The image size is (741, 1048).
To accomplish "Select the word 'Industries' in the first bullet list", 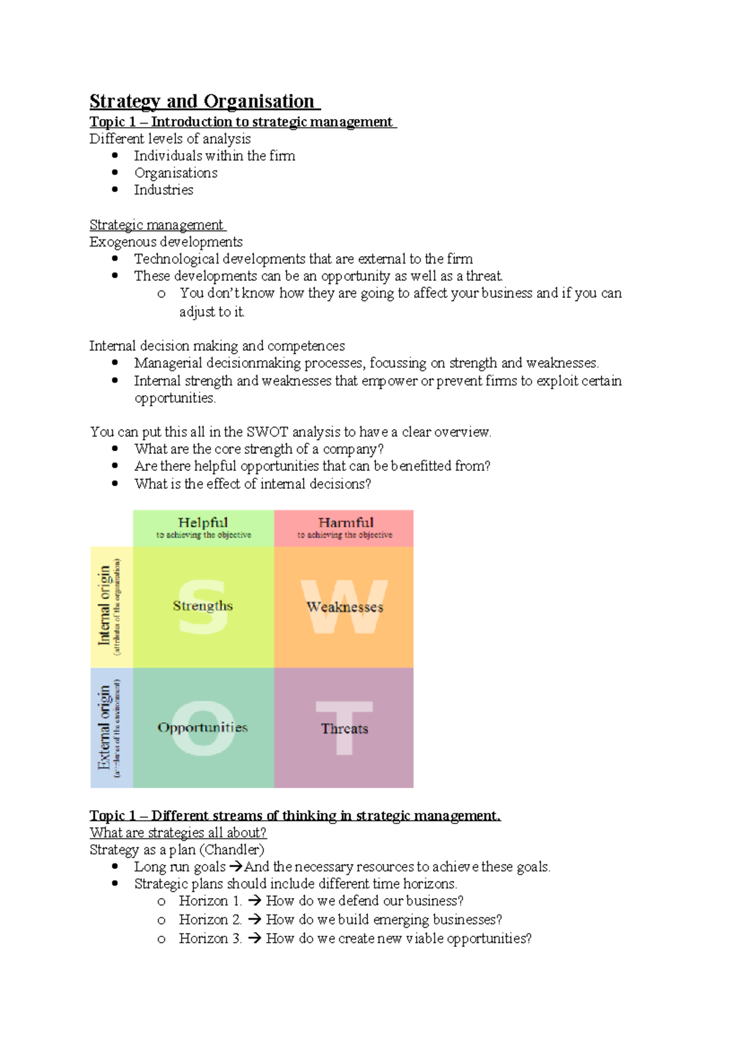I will [x=164, y=190].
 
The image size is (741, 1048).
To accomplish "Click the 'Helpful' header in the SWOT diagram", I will [x=203, y=523].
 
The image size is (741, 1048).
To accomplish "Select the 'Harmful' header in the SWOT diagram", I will [x=346, y=523].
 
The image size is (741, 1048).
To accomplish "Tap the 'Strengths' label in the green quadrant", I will [x=203, y=606].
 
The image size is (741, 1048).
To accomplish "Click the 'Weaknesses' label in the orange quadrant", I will [x=345, y=607].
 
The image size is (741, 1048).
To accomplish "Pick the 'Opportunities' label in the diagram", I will [x=203, y=728].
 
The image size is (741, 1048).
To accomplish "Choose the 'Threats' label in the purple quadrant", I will [x=345, y=729].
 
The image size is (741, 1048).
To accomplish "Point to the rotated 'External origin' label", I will [x=104, y=728].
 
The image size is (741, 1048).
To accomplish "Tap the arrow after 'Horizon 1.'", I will [x=253, y=901].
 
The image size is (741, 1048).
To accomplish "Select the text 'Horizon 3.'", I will [x=210, y=939].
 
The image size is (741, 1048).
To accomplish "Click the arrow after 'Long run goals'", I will [x=235, y=867].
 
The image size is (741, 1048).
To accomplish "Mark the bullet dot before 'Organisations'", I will [x=115, y=173].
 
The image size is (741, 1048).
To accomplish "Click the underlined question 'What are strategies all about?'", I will [x=178, y=833].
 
